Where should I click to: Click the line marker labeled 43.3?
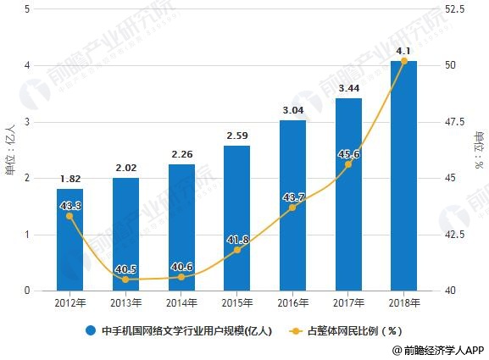pos(69,216)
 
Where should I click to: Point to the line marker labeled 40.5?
pos(125,280)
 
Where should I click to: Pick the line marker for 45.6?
pos(347,164)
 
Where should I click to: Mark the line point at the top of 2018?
pos(403,61)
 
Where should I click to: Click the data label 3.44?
pos(347,87)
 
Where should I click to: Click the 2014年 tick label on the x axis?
pos(181,302)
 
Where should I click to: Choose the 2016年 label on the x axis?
pos(292,302)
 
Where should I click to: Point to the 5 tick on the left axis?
pos(29,9)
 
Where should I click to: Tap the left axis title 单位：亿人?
pos(9,150)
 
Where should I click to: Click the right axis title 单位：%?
pos(480,150)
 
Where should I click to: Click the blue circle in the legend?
pos(90,330)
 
